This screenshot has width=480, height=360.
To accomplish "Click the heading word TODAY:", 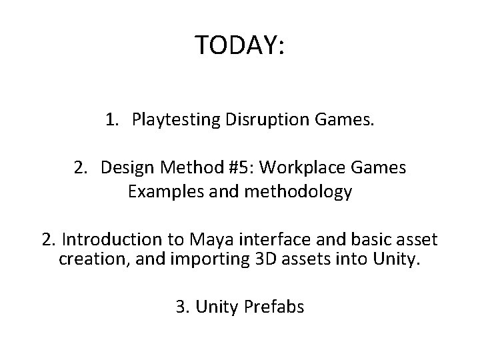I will coord(240,45).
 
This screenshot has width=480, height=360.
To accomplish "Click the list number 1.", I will coord(111,120).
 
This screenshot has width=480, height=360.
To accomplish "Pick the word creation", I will coord(84,259).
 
